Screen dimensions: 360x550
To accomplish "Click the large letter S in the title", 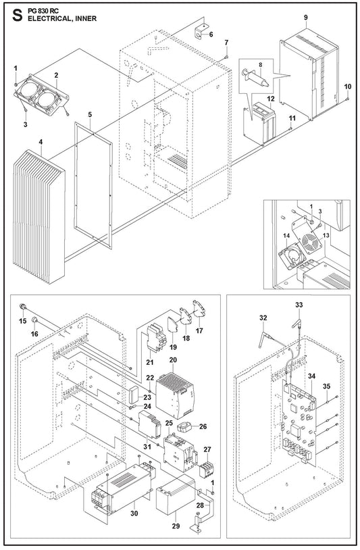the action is [17, 15].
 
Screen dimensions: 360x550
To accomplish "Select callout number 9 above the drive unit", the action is [306, 17].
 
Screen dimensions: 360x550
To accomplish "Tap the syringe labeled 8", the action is [255, 78].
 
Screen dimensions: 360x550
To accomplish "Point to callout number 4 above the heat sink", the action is [41, 143].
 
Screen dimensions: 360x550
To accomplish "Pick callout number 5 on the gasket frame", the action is [90, 115].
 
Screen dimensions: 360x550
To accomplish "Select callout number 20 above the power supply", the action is [173, 360].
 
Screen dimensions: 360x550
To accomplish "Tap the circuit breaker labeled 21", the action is [156, 340].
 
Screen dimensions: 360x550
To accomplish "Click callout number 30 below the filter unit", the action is [134, 513].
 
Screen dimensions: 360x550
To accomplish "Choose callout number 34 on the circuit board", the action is [311, 376].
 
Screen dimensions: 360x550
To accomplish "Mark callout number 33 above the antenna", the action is [299, 305].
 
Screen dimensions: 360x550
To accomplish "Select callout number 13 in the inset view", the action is [326, 235].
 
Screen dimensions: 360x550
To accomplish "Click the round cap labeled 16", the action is [35, 320].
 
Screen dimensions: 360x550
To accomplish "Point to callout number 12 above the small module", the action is [271, 99].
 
